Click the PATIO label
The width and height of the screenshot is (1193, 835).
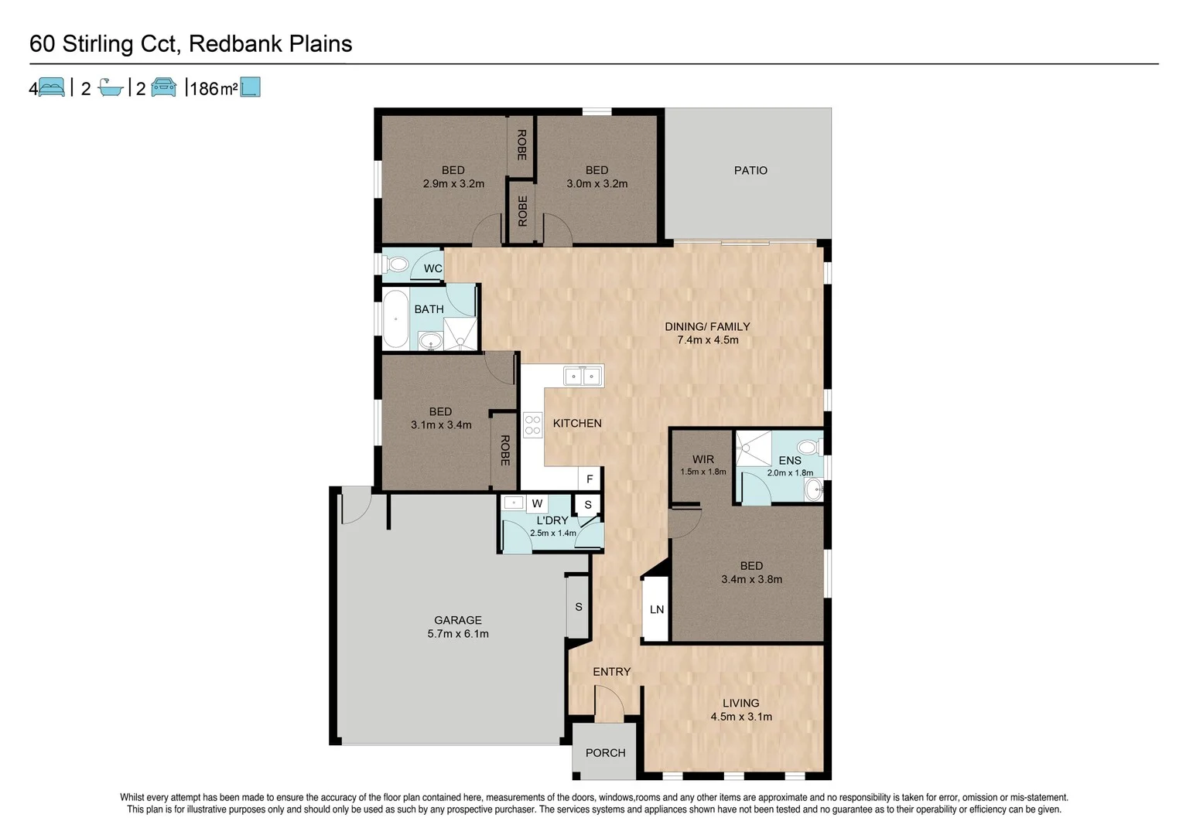pos(750,171)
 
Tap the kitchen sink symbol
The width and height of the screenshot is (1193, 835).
pos(583,377)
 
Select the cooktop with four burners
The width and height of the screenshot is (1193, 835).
pos(532,425)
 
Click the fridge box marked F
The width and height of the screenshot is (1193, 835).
pos(590,479)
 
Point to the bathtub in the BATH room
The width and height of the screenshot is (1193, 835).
pos(395,319)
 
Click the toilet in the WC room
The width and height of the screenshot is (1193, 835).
pos(398,265)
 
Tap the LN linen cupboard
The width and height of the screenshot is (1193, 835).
pos(656,609)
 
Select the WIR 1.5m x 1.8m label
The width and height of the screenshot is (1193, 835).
pos(702,465)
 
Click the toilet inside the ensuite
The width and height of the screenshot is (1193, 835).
pos(808,447)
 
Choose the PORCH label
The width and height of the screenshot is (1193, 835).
pos(605,753)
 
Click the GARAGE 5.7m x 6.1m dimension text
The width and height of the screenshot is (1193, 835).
pos(458,634)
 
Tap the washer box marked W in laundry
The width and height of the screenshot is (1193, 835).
pos(537,504)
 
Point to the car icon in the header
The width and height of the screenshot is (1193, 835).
pos(163,87)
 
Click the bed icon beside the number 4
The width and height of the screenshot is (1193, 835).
pos(51,87)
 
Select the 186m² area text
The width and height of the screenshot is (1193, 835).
pos(213,89)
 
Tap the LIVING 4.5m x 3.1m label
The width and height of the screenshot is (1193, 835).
pos(741,710)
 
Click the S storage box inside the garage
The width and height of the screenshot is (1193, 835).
pos(578,607)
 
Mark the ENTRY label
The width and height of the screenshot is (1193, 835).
pos(611,672)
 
